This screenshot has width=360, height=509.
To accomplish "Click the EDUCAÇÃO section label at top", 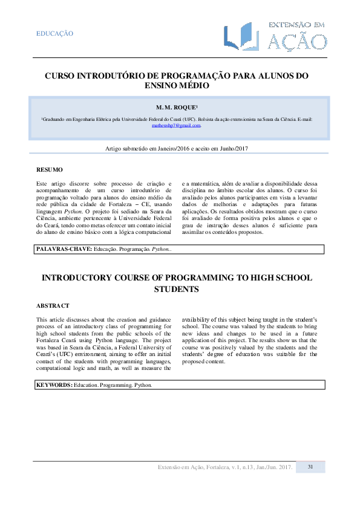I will click(x=55, y=34).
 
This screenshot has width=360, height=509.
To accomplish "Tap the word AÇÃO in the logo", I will click(x=296, y=42).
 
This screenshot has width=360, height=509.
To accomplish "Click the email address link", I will click(x=175, y=125).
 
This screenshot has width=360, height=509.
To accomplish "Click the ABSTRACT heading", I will click(x=53, y=306).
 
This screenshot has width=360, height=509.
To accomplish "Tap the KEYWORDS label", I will click(x=54, y=384).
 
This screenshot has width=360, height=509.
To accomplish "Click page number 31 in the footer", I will click(x=310, y=467).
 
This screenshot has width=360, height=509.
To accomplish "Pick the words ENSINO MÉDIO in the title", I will click(x=177, y=87).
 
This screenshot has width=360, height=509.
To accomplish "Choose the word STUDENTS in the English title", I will click(x=177, y=290).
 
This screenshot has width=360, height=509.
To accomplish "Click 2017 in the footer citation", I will click(x=285, y=467).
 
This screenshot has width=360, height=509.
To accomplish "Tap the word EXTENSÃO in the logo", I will click(x=296, y=25).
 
